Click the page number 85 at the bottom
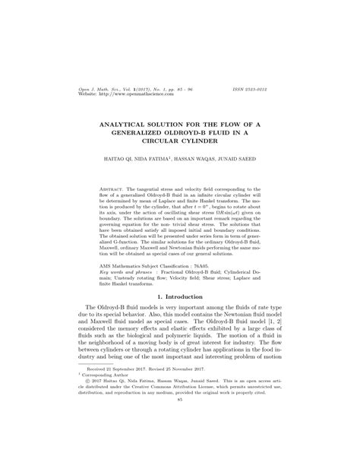179,421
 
